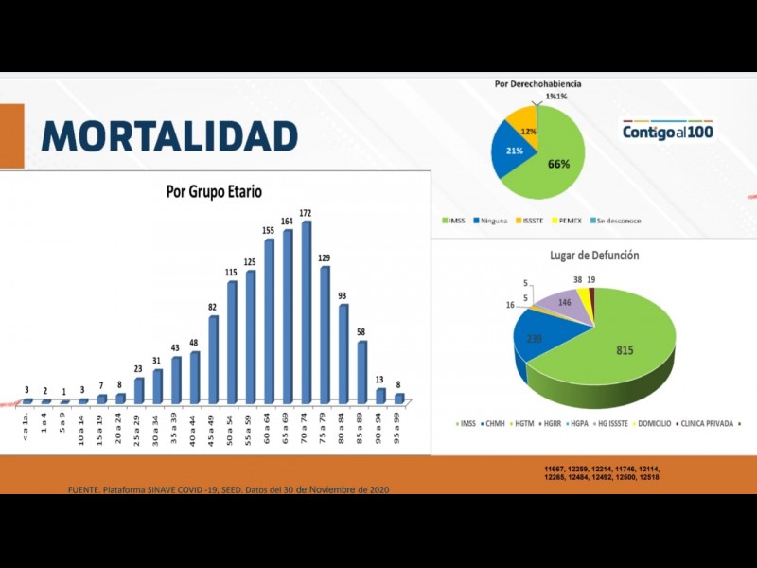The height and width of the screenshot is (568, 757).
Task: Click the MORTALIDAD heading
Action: [x=169, y=136]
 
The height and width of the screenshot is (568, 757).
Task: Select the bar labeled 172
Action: [x=306, y=312]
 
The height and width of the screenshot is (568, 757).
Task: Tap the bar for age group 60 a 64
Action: [x=269, y=322]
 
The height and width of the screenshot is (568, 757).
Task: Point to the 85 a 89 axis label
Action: [x=362, y=424]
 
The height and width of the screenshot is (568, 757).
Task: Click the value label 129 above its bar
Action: [x=324, y=257]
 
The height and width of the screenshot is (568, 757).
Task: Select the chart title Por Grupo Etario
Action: [x=214, y=191]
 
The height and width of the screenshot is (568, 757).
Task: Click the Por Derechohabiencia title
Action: [x=537, y=84]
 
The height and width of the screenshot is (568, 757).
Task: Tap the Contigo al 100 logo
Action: [x=667, y=131]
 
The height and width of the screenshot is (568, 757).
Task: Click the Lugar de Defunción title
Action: [x=594, y=256]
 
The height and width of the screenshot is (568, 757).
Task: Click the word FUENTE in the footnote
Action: [x=83, y=489]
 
